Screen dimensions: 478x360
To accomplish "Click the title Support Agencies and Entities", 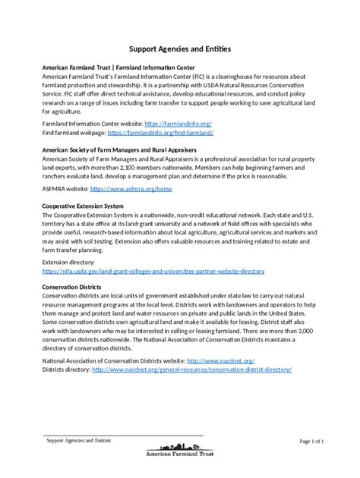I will [180, 49].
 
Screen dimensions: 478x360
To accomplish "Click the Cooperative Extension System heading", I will [83, 206].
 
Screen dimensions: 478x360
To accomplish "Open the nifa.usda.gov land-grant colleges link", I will [153, 270].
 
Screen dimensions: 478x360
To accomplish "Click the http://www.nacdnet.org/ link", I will [220, 360].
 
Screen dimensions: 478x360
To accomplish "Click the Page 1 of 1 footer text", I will [312, 441].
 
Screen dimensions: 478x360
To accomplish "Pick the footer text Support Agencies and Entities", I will [79, 440].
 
